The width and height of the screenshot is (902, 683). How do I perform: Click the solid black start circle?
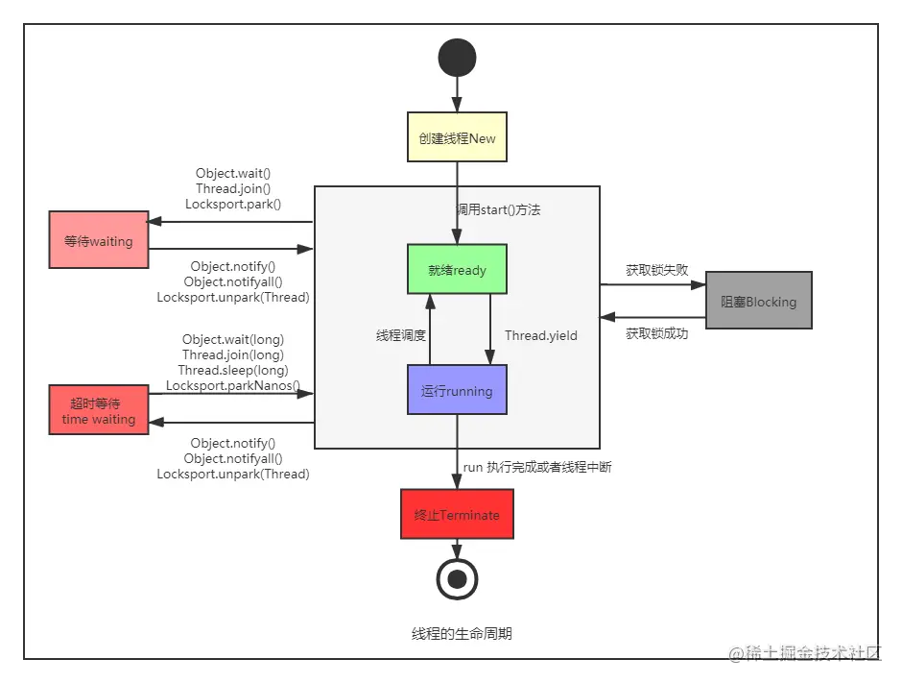(457, 58)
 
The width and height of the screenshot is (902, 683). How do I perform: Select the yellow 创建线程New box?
(457, 138)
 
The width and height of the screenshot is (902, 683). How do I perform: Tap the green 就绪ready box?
(457, 270)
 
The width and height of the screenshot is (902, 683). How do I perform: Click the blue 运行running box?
(457, 390)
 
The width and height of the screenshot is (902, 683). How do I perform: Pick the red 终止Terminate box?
(457, 514)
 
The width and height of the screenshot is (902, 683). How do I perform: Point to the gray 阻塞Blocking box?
(758, 301)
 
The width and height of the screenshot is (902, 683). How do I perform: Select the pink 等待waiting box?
(99, 240)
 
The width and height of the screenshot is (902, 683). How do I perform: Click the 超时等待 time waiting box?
(99, 410)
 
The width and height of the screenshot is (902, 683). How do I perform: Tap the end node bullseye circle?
(457, 578)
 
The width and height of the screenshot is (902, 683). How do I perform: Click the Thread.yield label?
(541, 336)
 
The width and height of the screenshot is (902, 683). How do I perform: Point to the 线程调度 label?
(400, 336)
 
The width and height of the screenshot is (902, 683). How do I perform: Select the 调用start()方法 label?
(497, 208)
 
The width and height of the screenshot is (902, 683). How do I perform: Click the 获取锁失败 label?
(656, 270)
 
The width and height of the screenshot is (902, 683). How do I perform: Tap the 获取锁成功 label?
(656, 333)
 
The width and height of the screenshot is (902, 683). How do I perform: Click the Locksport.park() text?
(233, 205)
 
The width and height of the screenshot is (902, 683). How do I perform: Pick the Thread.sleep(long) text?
(233, 370)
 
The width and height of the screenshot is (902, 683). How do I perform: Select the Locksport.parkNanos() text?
(233, 386)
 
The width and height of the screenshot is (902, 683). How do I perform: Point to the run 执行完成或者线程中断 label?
(536, 467)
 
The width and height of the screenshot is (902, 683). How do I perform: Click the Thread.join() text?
(233, 189)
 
